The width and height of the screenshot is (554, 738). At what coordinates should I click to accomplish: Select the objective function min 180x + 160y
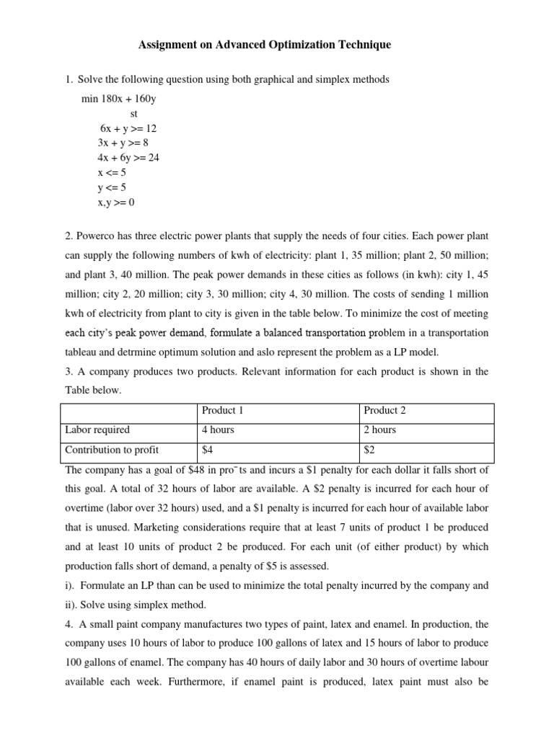click(118, 99)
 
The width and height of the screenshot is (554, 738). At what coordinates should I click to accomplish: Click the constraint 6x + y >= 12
click(128, 128)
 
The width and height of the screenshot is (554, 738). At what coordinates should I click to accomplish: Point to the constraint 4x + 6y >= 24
click(128, 158)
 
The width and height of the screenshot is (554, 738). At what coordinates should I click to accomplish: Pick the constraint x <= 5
click(112, 173)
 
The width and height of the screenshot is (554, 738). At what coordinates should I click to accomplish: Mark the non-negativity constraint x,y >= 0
click(116, 203)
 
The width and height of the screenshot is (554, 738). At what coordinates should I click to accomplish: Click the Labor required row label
click(97, 430)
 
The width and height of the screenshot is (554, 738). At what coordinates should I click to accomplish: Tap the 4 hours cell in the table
click(218, 430)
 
